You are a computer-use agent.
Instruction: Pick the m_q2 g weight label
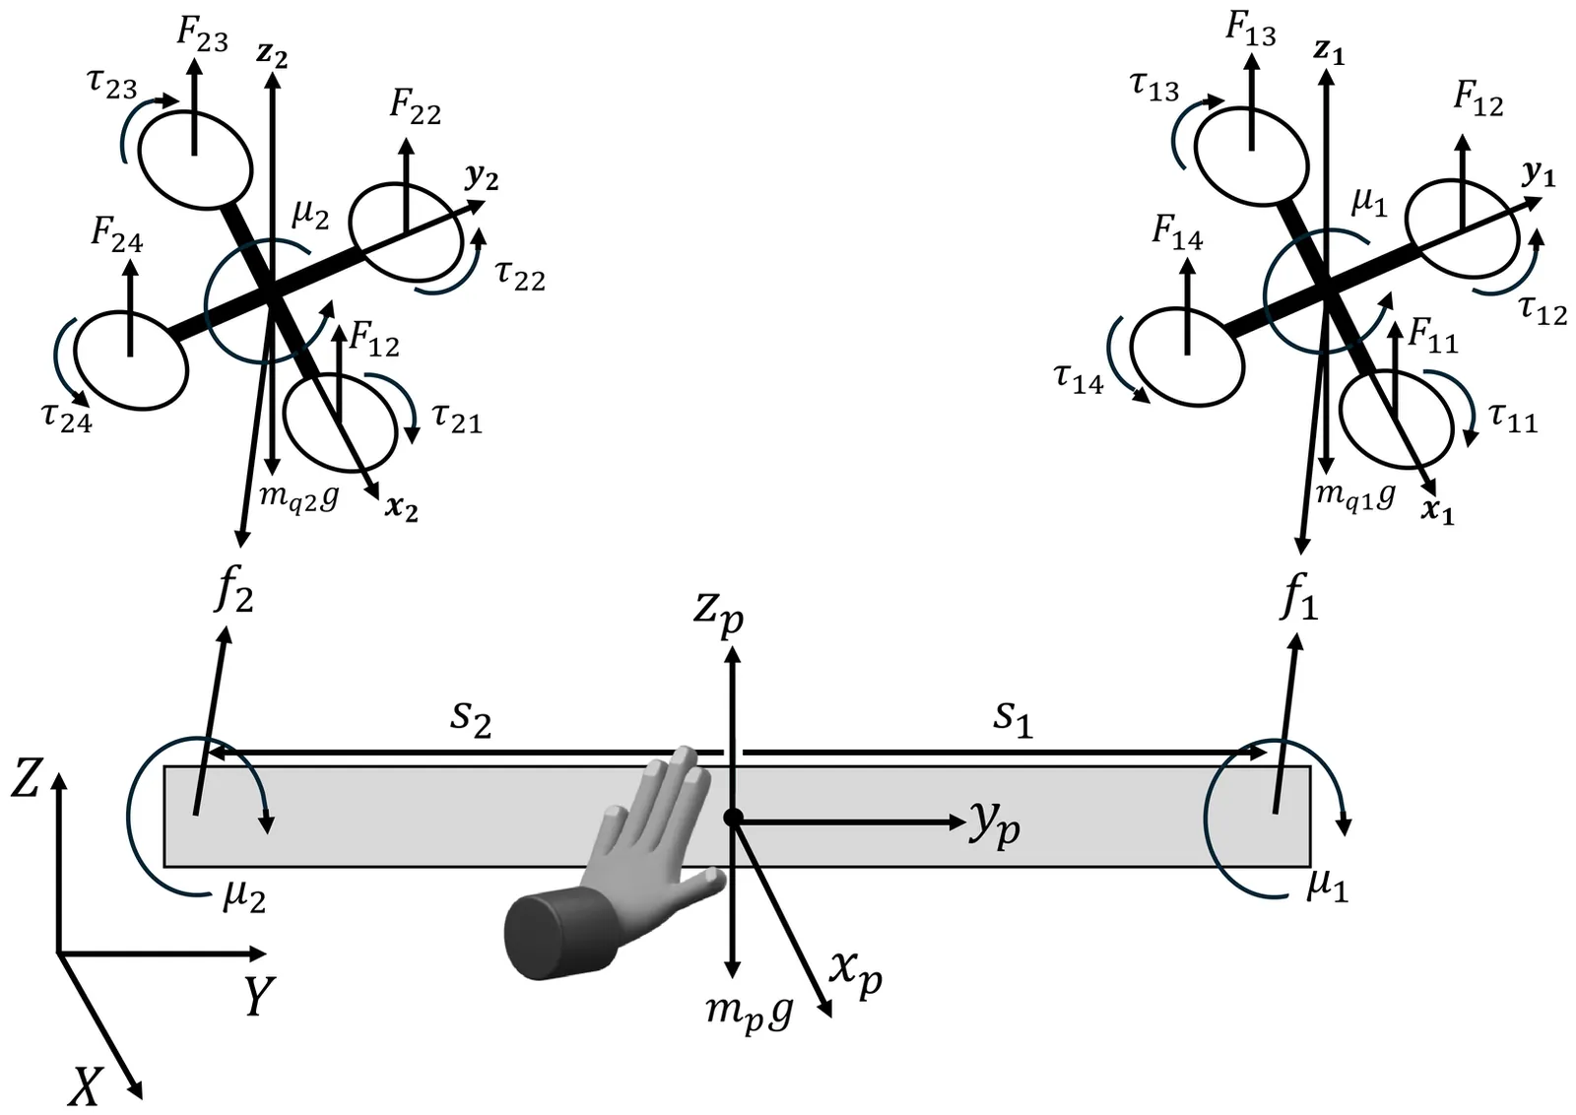(299, 498)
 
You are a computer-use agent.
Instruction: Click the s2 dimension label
(472, 719)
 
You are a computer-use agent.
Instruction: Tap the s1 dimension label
(1014, 719)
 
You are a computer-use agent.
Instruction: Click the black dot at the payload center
(733, 818)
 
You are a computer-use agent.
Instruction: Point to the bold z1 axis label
(1329, 53)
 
